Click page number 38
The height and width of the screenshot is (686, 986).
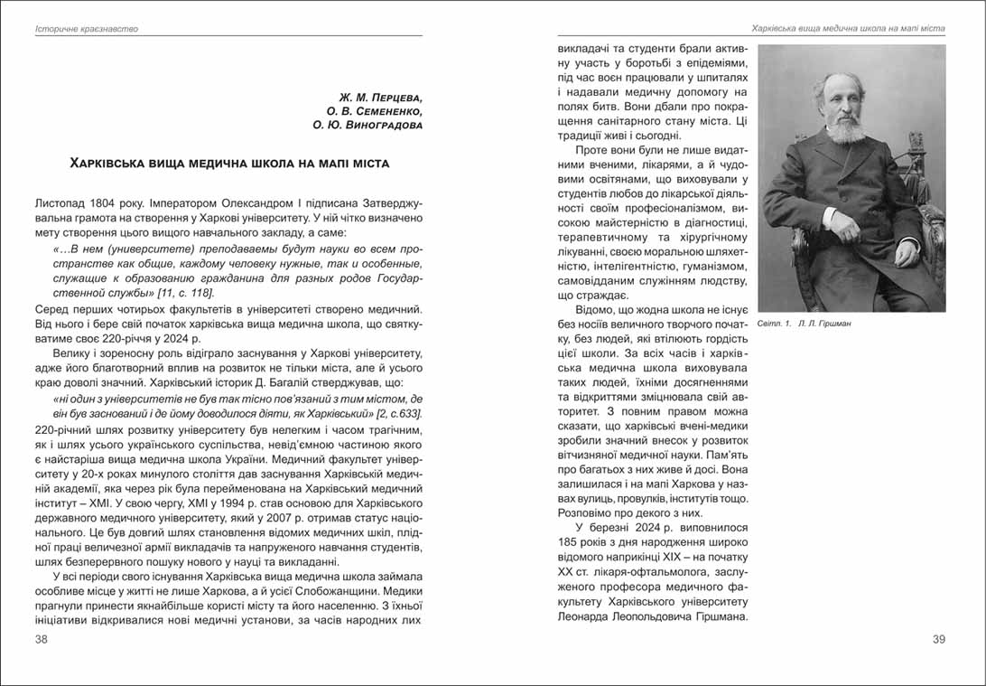coord(42,640)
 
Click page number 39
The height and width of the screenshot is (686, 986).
coord(938,640)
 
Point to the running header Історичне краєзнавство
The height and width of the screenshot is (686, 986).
coord(87,29)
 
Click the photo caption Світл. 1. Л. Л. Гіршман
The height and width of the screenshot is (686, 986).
coord(804,323)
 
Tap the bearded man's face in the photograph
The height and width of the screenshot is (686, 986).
coord(842,106)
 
